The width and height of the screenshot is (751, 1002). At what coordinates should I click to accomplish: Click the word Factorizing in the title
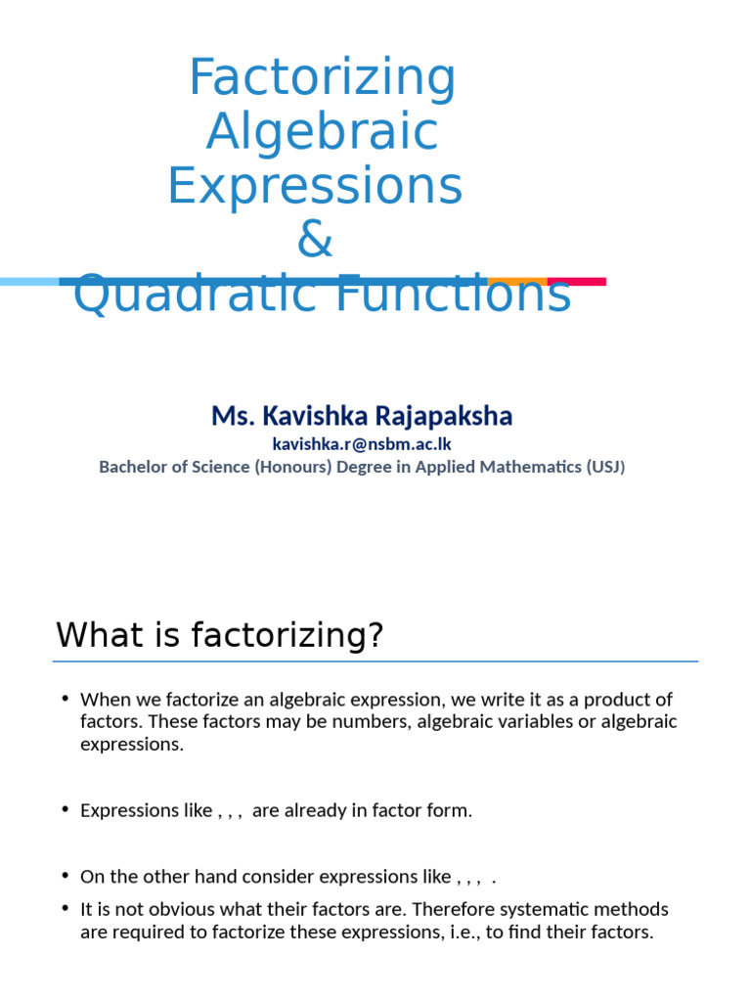[x=322, y=78]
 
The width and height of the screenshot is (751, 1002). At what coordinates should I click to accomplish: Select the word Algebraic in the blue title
[x=322, y=132]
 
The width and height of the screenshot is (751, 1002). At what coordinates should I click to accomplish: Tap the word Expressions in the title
[x=315, y=186]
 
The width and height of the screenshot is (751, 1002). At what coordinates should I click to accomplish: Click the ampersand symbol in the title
[x=315, y=240]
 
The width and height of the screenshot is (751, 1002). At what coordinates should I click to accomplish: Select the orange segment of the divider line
[x=517, y=281]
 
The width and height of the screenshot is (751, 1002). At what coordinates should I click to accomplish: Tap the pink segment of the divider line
[x=577, y=282]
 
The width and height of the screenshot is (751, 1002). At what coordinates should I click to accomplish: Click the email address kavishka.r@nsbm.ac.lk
[x=361, y=444]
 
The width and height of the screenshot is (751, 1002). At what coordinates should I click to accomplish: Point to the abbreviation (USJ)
[x=605, y=467]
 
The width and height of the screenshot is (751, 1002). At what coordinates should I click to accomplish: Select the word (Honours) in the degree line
[x=292, y=467]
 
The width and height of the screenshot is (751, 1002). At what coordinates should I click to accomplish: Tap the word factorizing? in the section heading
[x=288, y=636]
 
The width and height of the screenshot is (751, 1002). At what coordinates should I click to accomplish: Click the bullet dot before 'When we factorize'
[x=65, y=699]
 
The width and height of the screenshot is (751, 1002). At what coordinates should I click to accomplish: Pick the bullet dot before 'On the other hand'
[x=65, y=875]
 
